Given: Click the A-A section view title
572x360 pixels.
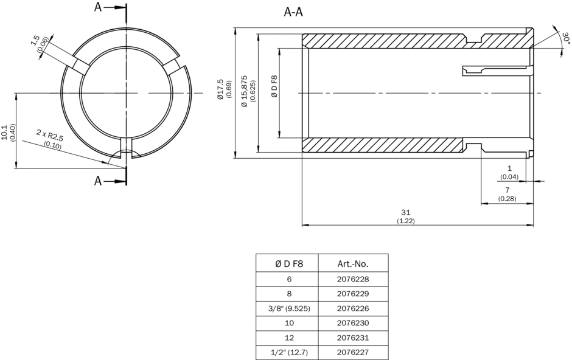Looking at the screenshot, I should [x=293, y=12].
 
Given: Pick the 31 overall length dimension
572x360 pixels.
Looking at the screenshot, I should [x=405, y=212].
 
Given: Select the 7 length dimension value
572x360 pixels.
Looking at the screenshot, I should [x=507, y=191].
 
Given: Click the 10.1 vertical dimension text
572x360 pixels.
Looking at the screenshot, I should [x=5, y=132].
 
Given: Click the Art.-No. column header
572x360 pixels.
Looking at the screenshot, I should [x=353, y=264].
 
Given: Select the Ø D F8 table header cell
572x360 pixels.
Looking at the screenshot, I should [x=287, y=264].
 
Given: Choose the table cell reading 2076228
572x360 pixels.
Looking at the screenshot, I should [x=353, y=279].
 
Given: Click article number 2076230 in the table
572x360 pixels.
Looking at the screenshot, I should [x=353, y=323].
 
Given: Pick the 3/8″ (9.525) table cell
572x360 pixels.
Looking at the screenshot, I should [x=287, y=308].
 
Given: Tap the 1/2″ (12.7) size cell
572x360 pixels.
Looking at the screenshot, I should [x=287, y=352].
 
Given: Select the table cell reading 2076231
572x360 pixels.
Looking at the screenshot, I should [x=353, y=337].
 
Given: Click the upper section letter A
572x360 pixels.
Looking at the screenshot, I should [x=99, y=7].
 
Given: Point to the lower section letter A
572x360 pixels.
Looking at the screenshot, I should [x=99, y=181].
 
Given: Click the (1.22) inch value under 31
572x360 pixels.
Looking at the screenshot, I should [x=405, y=220].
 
